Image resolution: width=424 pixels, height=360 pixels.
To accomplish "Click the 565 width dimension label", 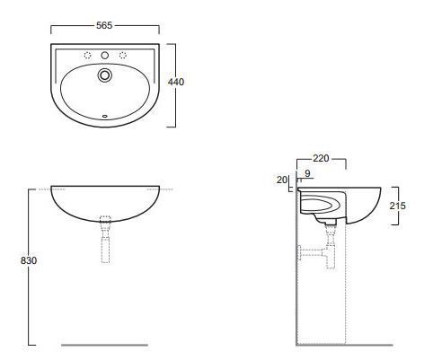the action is pos(104,25).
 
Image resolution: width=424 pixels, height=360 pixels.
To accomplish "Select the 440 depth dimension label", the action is pos(176,82).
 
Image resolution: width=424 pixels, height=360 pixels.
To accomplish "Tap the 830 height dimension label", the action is pos(29,260).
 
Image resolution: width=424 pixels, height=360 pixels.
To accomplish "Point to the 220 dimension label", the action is pos(321,158).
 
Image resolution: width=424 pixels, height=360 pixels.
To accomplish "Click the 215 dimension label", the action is pos(398,206).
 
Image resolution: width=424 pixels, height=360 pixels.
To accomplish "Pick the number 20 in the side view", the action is pos(282,180).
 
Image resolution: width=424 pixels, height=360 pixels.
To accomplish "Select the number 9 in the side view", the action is pos(307,173).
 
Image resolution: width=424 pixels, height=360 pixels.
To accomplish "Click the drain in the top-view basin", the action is pos(105,75).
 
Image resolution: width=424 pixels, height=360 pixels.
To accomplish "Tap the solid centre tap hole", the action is pos(104,55).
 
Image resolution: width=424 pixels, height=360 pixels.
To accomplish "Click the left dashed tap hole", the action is pos(87,55).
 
